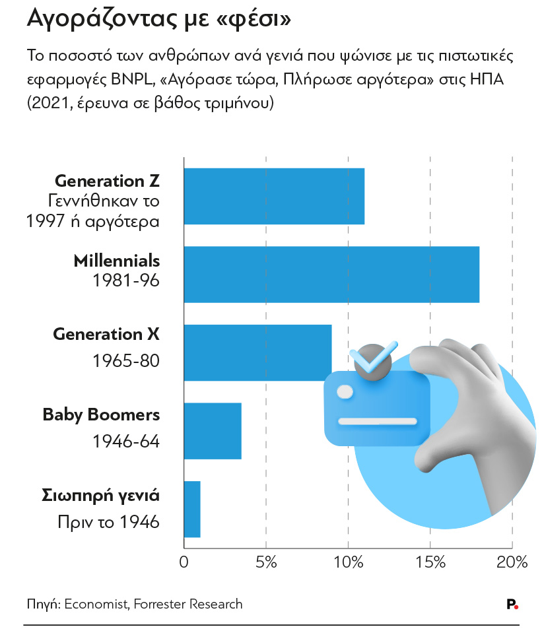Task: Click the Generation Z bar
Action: [x=274, y=196]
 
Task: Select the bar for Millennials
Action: [x=331, y=275]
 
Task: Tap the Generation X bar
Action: [x=257, y=352]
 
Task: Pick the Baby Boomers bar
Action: [x=213, y=431]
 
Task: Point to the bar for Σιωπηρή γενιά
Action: [x=192, y=509]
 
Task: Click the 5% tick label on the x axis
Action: [x=266, y=562]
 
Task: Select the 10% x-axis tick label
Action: [x=348, y=562]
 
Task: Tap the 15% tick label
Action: [x=430, y=562]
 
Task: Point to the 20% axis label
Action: [x=512, y=562]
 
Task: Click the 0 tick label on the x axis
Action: [x=184, y=562]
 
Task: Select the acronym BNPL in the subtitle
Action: [x=131, y=79]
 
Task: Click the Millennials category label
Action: [x=117, y=261]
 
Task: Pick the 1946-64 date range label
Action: [x=126, y=442]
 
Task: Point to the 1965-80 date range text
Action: [x=126, y=360]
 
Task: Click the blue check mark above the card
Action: [x=372, y=358]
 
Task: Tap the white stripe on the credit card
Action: [x=378, y=421]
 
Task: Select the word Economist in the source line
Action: [x=96, y=604]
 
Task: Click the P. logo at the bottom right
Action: [x=512, y=604]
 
